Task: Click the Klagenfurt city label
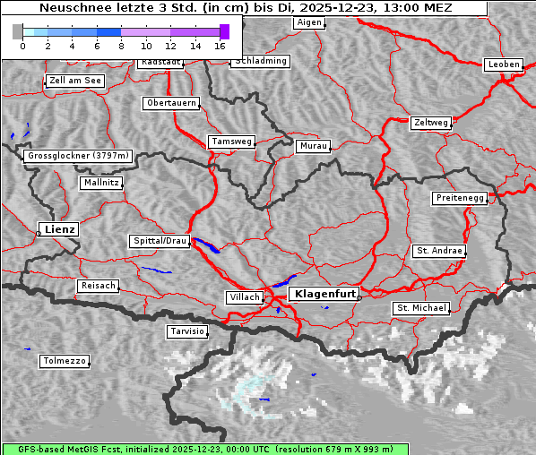pos(325,293)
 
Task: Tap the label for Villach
pos(244,296)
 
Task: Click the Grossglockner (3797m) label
pos(79,156)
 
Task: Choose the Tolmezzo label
pos(65,361)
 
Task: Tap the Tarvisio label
pos(187,331)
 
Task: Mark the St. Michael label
pos(421,308)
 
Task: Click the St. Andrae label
pos(439,251)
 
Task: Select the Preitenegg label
pos(460,198)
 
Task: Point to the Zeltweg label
pos(431,122)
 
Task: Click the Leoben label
pos(503,64)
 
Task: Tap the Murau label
pos(314,145)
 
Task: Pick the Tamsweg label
pos(232,142)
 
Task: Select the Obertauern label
pos(171,103)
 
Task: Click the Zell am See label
pos(75,81)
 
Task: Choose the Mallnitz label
pos(100,183)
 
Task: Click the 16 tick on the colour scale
pos(220,45)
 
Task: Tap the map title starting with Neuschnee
pos(246,8)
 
